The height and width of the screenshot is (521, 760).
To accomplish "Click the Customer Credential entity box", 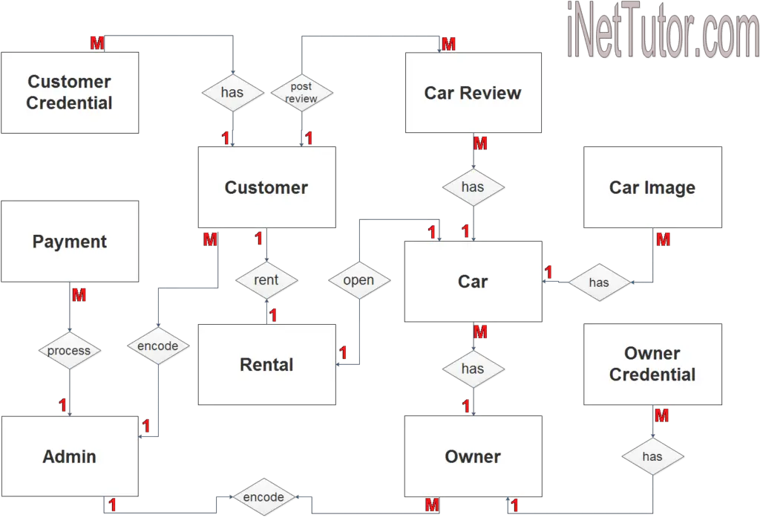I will point(70,93).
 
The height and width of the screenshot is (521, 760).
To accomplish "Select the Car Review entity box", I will point(473,93).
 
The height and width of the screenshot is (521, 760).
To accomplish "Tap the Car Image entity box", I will point(652,187).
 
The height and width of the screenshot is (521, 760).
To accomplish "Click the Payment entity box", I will point(70,242).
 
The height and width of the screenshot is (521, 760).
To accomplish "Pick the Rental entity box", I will point(266,364).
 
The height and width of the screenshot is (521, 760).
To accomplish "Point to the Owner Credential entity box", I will point(652,364).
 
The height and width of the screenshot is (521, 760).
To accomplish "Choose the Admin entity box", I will point(70,456).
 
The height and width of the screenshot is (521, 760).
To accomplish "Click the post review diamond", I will point(301,93).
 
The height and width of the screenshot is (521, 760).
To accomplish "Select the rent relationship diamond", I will point(266,280).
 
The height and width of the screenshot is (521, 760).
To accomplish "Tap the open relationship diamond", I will point(358,280).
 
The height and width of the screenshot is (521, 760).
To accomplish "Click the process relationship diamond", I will point(69,350).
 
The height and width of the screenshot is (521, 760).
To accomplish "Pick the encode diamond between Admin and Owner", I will point(263,496).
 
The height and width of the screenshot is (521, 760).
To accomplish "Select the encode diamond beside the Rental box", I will point(158,346).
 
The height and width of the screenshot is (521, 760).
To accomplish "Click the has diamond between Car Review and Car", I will point(473,187).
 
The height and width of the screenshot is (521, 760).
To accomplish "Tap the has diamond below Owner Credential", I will point(652,456).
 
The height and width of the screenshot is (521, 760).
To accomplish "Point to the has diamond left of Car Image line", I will point(599,282).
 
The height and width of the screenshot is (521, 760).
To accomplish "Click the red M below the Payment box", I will point(79,295).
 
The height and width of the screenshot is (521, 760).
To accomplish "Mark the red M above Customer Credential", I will point(97,44).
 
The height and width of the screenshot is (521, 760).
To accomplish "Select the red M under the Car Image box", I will point(664,240).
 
